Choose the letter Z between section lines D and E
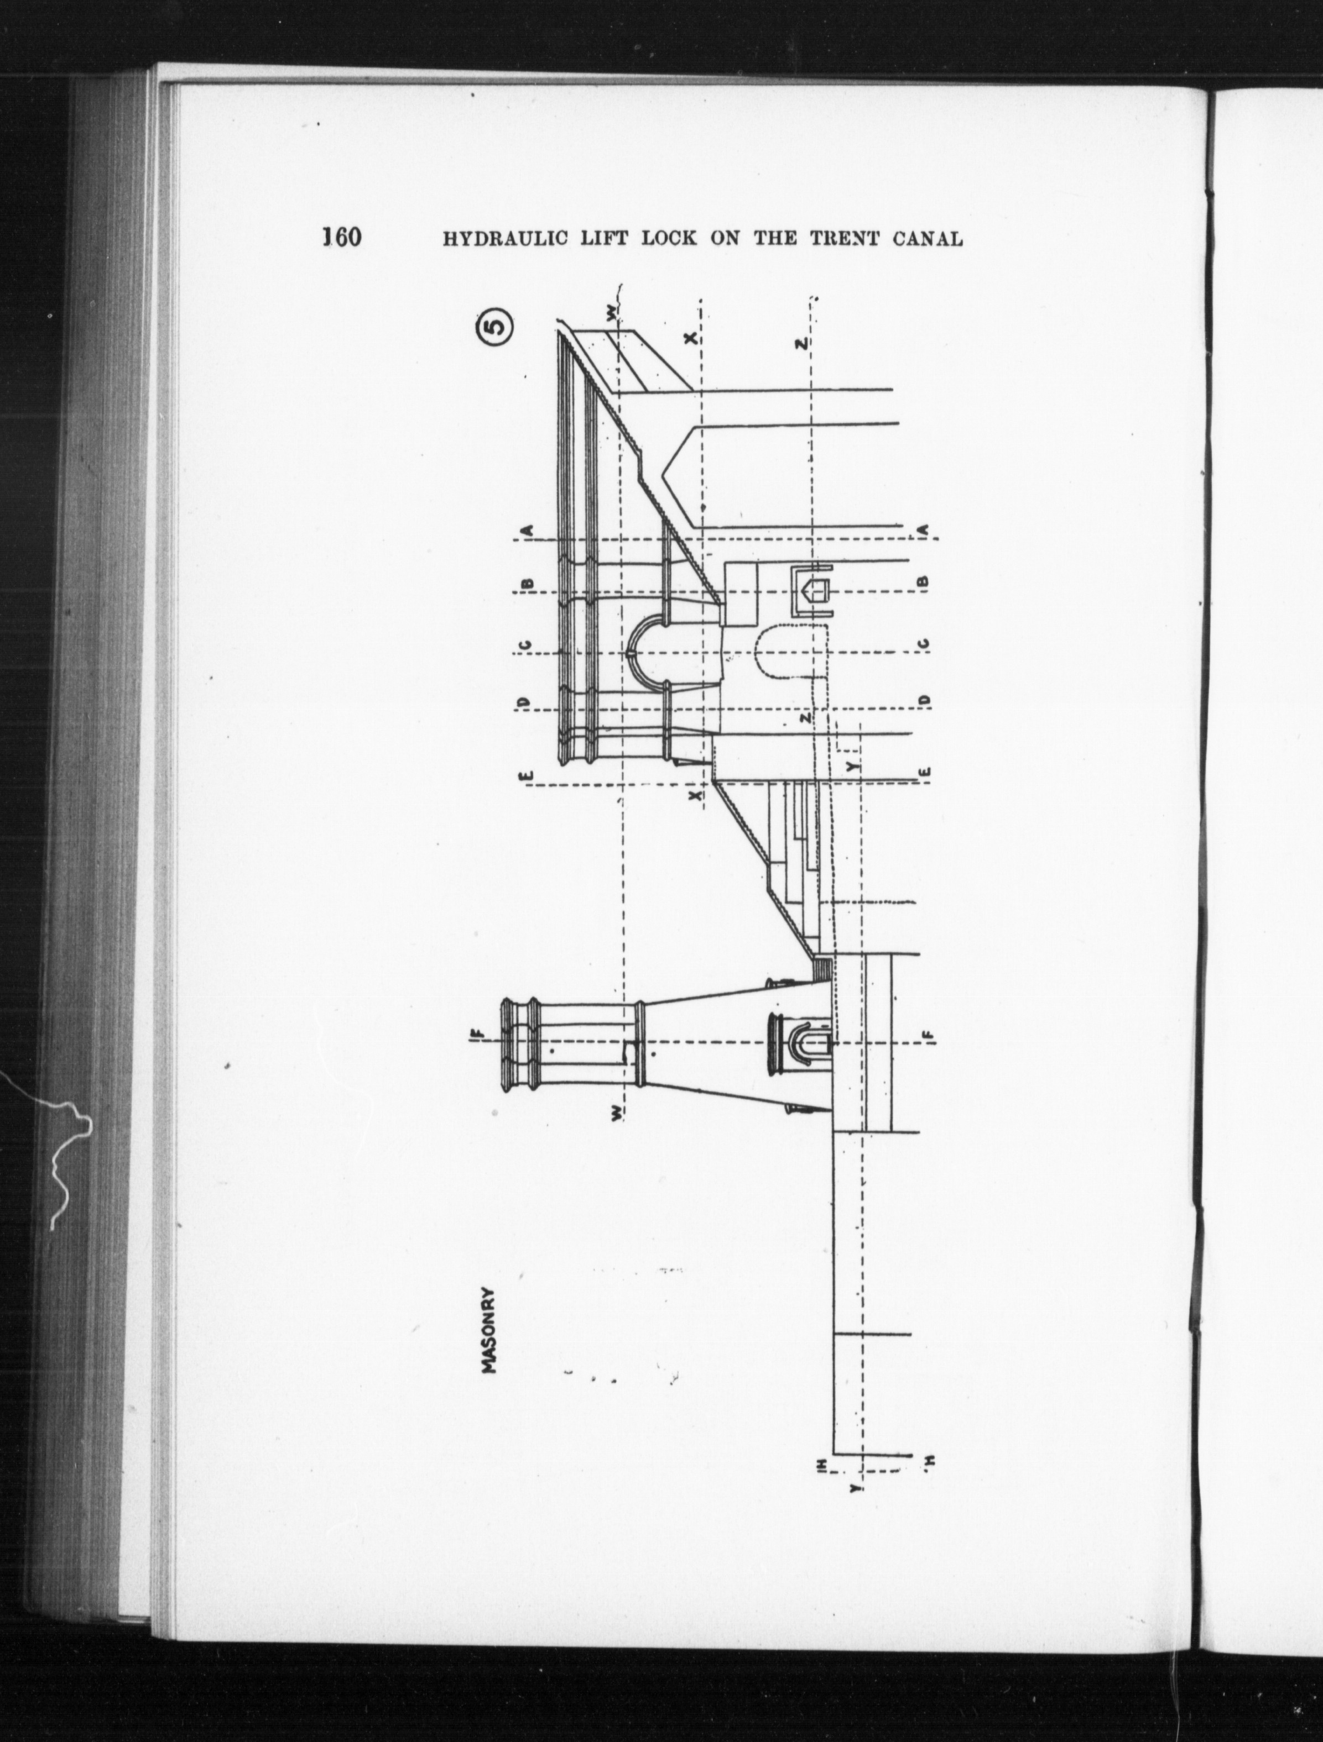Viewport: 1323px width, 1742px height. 805,719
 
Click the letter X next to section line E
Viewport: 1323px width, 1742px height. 695,795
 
